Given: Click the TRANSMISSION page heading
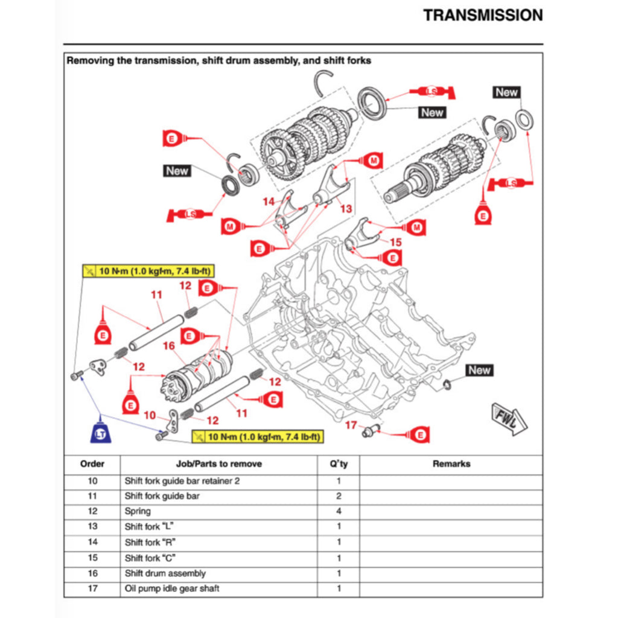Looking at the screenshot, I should pyautogui.click(x=483, y=15).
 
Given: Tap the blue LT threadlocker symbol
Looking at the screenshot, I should pyautogui.click(x=100, y=433).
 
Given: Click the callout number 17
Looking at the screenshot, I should pyautogui.click(x=351, y=425).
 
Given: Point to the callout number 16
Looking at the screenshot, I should pyautogui.click(x=168, y=346).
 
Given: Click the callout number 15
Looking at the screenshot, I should pyautogui.click(x=395, y=242).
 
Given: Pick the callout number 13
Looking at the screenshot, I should pyautogui.click(x=345, y=208).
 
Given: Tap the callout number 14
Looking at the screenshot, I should pyautogui.click(x=269, y=202).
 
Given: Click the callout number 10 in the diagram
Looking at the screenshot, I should pyautogui.click(x=150, y=415).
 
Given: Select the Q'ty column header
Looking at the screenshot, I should pyautogui.click(x=339, y=464).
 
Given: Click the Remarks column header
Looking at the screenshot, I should pyautogui.click(x=451, y=464).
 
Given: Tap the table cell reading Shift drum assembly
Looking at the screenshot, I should pyautogui.click(x=165, y=573).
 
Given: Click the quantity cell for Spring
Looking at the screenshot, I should pyautogui.click(x=339, y=511).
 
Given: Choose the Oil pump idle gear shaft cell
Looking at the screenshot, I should pyautogui.click(x=172, y=588).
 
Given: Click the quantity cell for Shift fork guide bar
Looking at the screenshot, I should pyautogui.click(x=339, y=496).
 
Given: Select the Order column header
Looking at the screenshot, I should pyautogui.click(x=92, y=464).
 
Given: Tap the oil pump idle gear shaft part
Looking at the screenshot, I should pyautogui.click(x=369, y=430).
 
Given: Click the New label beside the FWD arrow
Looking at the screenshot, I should pyautogui.click(x=479, y=370).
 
